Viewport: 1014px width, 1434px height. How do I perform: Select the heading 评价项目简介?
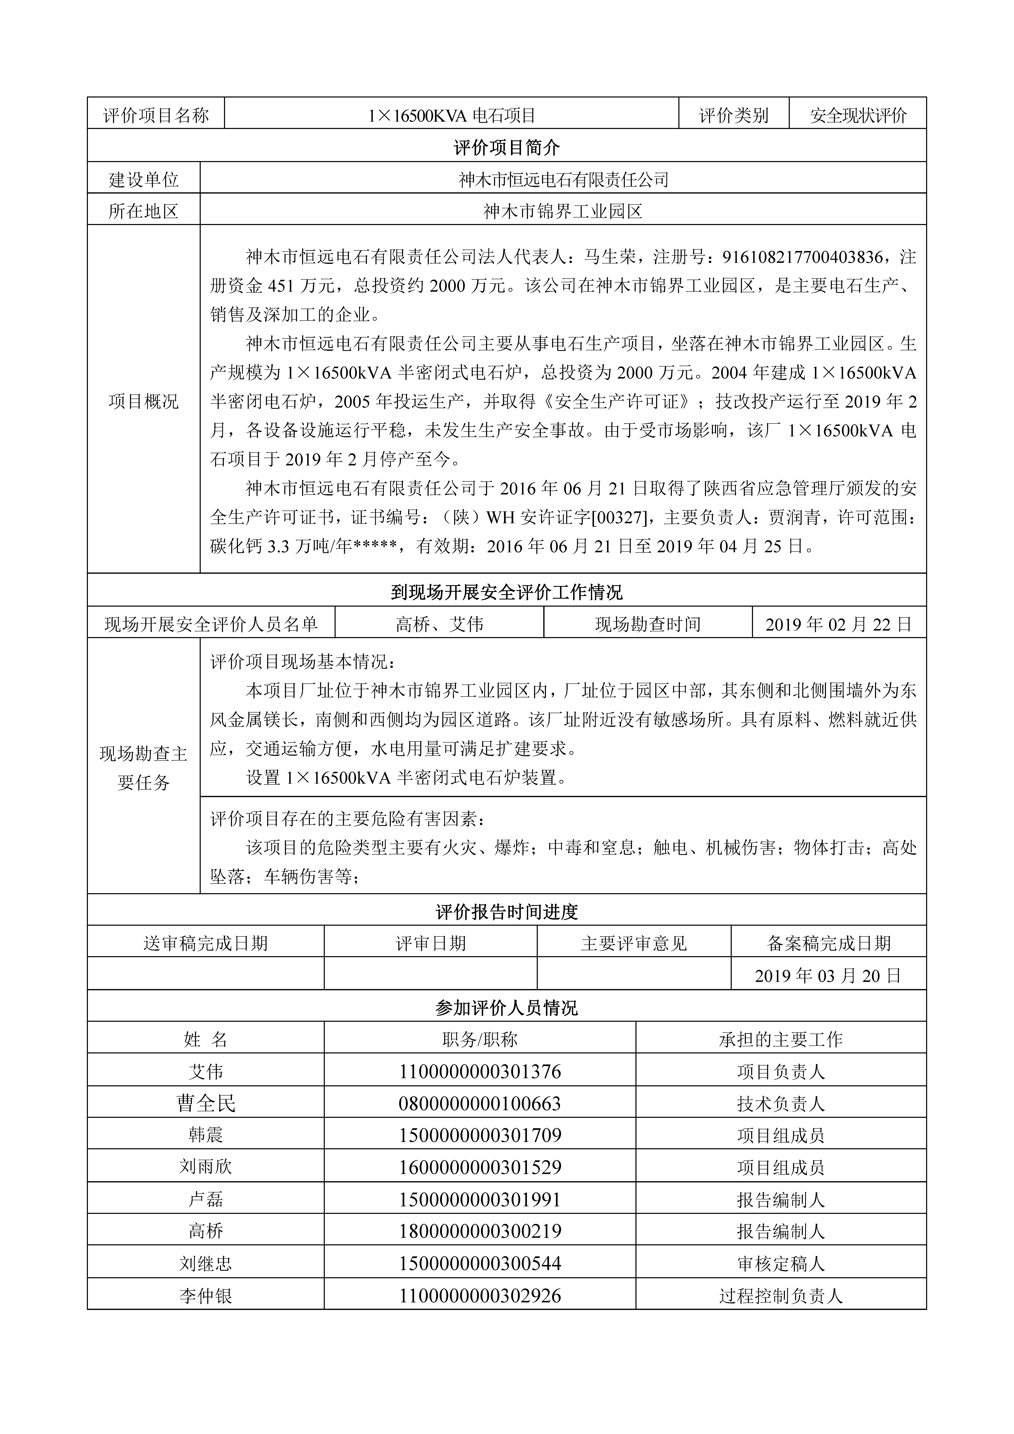pyautogui.click(x=507, y=147)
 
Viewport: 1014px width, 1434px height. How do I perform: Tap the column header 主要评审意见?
pyautogui.click(x=633, y=943)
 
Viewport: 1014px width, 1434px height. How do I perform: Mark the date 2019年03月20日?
pyautogui.click(x=828, y=976)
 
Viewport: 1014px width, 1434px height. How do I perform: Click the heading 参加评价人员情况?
pyautogui.click(x=507, y=1007)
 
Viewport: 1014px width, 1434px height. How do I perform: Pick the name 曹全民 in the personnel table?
pyautogui.click(x=206, y=1104)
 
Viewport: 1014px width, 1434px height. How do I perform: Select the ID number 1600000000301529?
pyautogui.click(x=480, y=1167)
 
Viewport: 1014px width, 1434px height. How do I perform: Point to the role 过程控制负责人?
pyautogui.click(x=781, y=1296)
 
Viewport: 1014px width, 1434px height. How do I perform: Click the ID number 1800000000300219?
pyautogui.click(x=480, y=1232)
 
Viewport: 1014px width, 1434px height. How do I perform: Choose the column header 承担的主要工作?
pyautogui.click(x=781, y=1039)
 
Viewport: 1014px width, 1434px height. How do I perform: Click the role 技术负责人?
pyautogui.click(x=781, y=1104)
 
